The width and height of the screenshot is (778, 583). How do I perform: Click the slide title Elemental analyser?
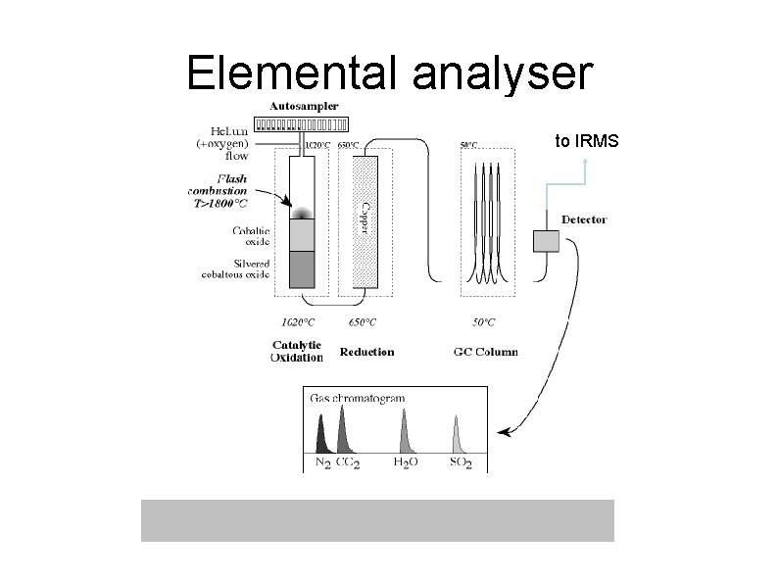coord(388,73)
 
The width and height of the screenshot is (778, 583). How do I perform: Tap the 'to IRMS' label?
coord(586,141)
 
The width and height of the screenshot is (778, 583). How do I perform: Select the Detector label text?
coord(584,219)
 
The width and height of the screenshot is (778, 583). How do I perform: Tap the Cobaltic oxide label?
coord(250,235)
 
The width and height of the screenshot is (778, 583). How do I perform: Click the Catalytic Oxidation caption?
coord(296,351)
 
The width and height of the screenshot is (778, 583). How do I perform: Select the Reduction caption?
coord(366,351)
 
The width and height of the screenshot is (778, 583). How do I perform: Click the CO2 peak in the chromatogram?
coord(343,431)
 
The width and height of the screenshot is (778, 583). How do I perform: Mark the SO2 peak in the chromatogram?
coord(456,436)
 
